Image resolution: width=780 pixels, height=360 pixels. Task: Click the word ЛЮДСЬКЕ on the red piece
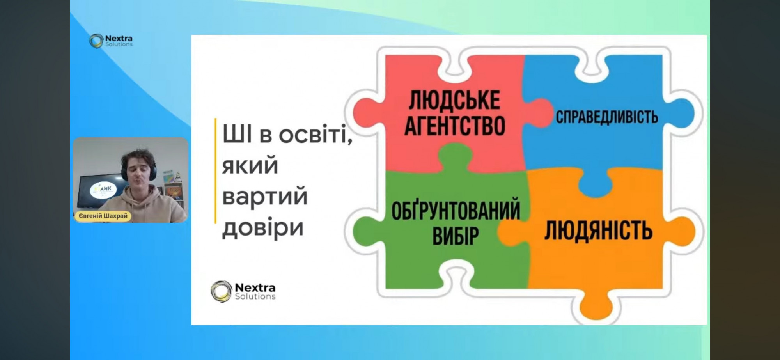click(x=454, y=100)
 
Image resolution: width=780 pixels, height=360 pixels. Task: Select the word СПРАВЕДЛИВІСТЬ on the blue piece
click(x=607, y=117)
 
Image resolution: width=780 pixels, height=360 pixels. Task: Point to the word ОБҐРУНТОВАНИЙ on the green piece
click(x=456, y=211)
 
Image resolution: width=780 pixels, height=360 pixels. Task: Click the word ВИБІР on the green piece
click(x=456, y=235)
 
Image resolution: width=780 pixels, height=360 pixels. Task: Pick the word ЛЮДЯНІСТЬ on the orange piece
click(x=598, y=230)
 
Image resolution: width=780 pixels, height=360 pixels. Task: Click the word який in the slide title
click(x=250, y=166)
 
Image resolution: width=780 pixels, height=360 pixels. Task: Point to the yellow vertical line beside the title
click(x=215, y=171)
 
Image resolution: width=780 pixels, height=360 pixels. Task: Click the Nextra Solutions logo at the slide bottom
click(x=243, y=291)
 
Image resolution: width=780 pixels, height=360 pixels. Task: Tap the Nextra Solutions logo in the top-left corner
click(x=111, y=41)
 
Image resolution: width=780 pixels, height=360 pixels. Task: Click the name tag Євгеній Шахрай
click(x=103, y=216)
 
